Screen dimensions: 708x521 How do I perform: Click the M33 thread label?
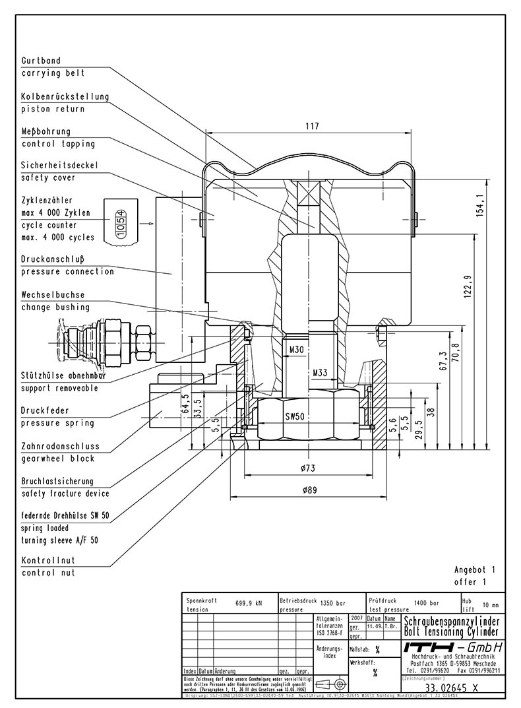point(319,373)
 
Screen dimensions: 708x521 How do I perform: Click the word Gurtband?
point(41,61)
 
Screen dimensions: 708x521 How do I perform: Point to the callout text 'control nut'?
point(48,573)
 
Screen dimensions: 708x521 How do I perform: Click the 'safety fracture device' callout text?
point(65,494)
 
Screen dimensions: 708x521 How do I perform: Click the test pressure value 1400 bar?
point(425,602)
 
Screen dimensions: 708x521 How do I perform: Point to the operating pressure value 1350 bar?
point(332,603)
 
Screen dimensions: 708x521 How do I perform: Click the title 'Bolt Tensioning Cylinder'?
point(451,633)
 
